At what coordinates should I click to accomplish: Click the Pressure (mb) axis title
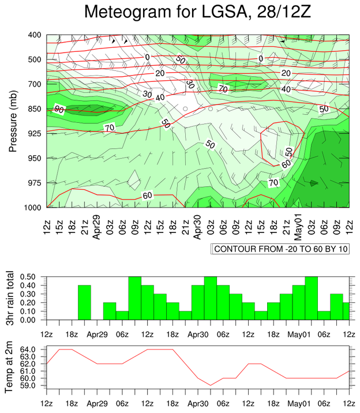(12, 121)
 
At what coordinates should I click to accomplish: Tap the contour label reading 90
(59, 109)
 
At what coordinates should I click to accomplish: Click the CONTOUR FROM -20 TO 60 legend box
(280, 249)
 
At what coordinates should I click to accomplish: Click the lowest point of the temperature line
(211, 385)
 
